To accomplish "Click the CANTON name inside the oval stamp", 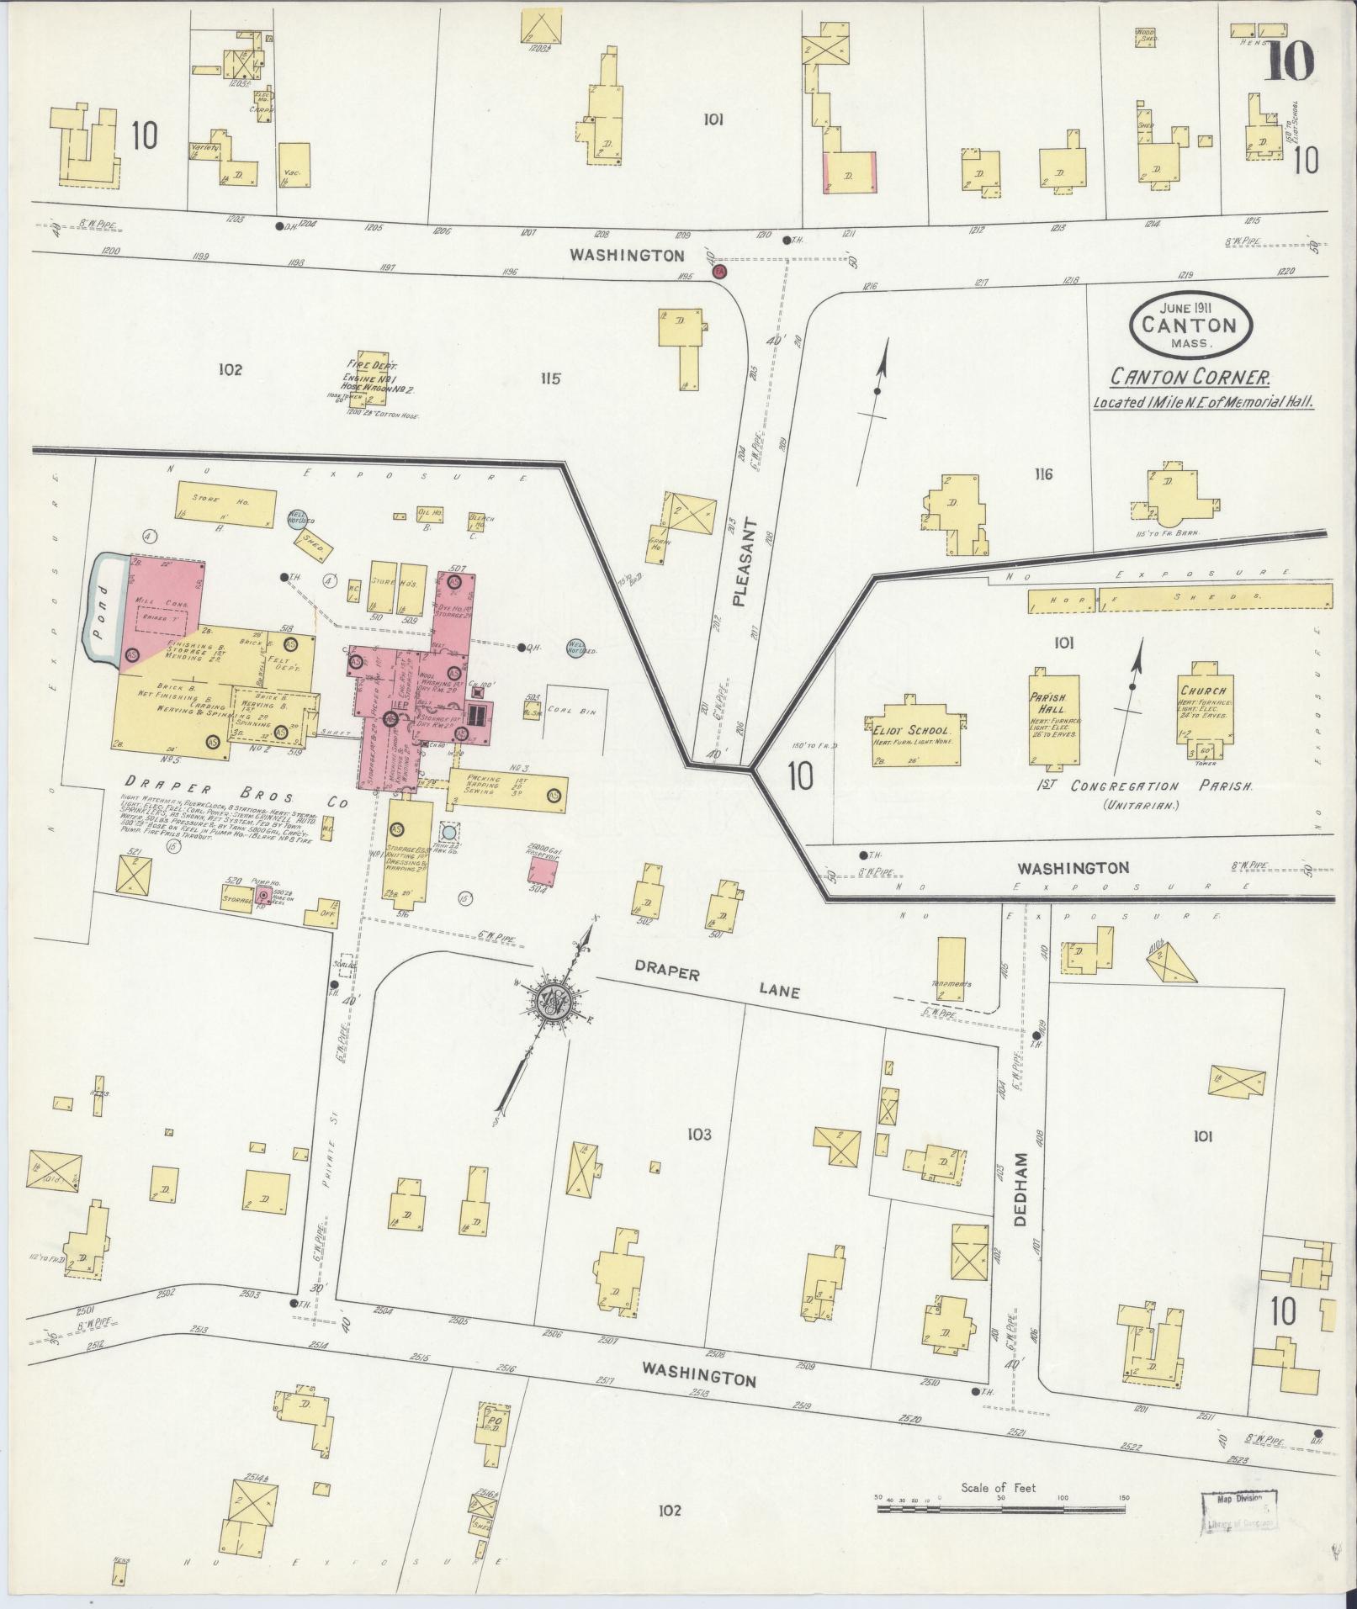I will [x=1190, y=325].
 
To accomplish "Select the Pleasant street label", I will [x=739, y=563].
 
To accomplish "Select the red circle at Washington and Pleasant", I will [x=718, y=272].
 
